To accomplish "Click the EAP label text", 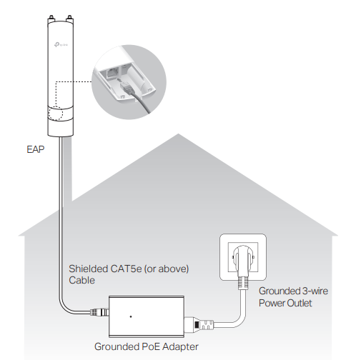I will pyautogui.click(x=35, y=151).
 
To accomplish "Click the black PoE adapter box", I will pyautogui.click(x=146, y=314).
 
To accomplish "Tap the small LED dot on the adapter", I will pyautogui.click(x=130, y=315).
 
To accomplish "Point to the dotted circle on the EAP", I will pyautogui.click(x=59, y=115).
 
